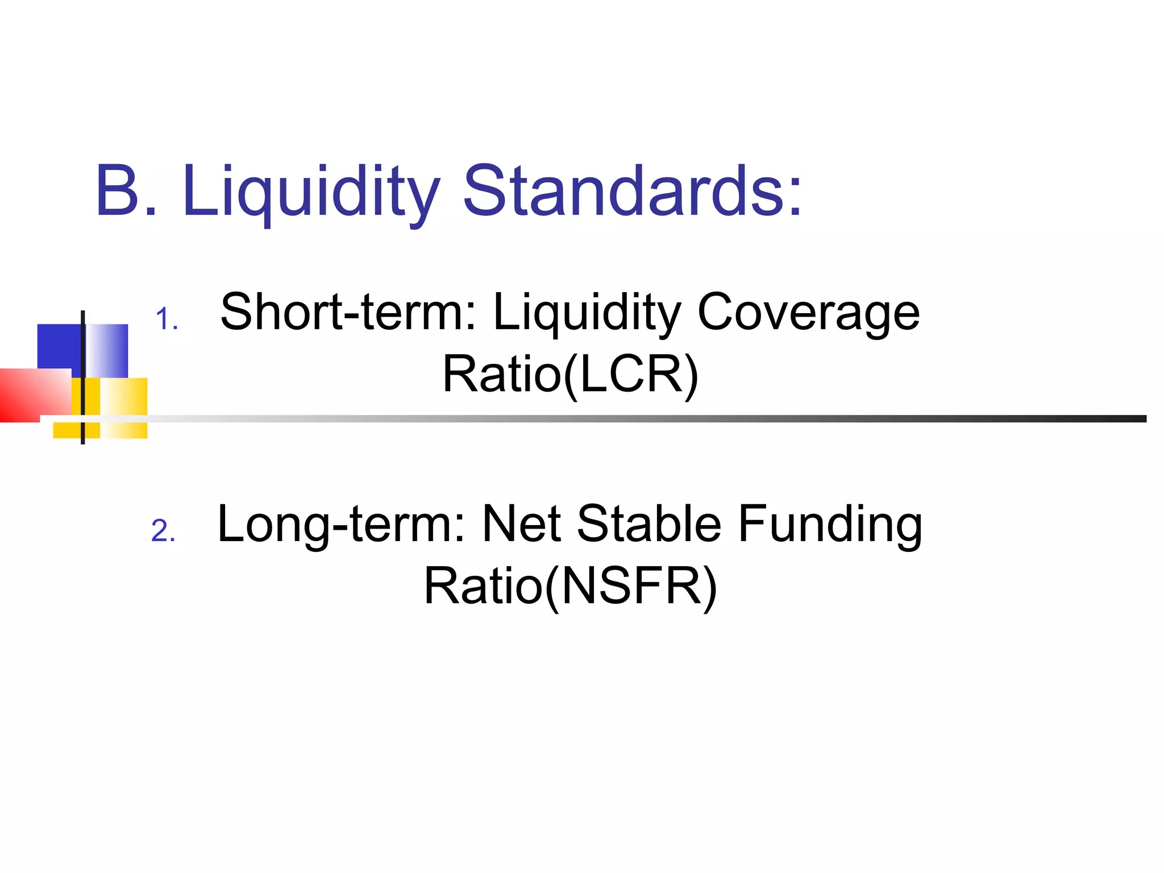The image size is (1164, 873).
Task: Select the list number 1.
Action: (x=166, y=319)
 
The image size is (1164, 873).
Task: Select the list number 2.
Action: (x=163, y=531)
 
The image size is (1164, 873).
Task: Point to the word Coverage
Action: (x=808, y=313)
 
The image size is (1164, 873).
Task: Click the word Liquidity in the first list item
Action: (x=587, y=313)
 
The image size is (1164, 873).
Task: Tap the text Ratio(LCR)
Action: (x=570, y=374)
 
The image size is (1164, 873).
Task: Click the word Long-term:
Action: (x=342, y=524)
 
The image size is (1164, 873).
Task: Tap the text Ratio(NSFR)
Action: (x=570, y=587)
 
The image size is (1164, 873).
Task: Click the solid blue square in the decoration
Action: (x=59, y=346)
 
